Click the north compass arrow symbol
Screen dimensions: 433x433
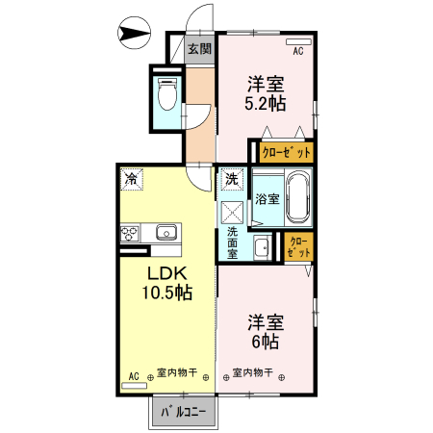[133, 36]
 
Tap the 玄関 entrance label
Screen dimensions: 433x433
[199, 49]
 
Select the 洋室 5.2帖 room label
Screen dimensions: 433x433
[267, 93]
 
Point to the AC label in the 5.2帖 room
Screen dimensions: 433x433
[297, 51]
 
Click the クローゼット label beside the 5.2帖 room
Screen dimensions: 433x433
[287, 152]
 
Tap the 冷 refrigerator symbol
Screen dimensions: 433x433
[130, 178]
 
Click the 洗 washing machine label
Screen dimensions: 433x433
[232, 178]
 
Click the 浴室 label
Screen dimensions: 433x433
[267, 199]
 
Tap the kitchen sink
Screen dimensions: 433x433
[166, 232]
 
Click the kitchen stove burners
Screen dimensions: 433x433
[131, 232]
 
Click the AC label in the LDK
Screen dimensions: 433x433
[134, 375]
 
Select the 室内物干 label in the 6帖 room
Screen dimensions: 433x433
[253, 372]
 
